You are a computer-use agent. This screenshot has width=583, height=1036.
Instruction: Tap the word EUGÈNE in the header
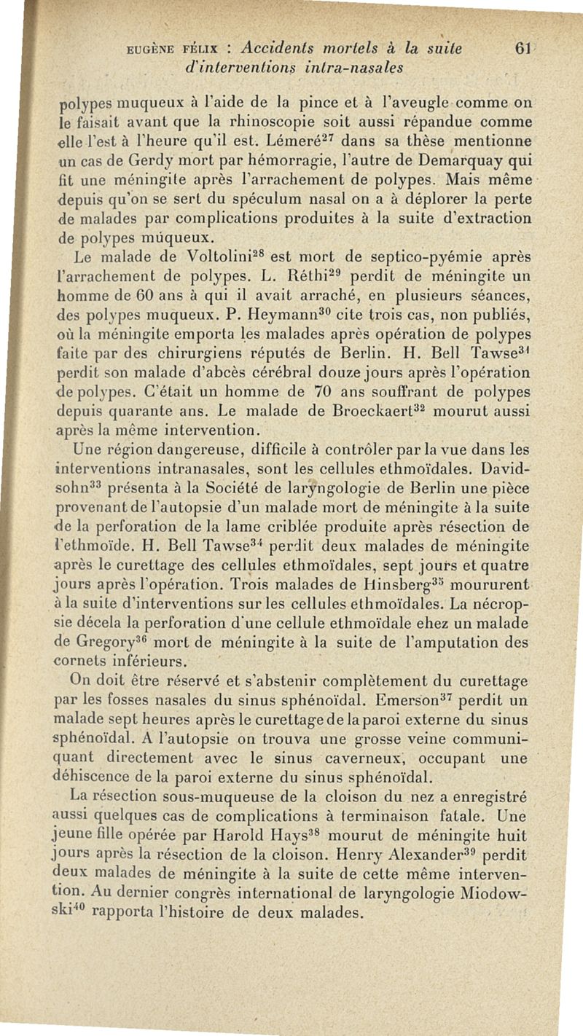pos(152,51)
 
